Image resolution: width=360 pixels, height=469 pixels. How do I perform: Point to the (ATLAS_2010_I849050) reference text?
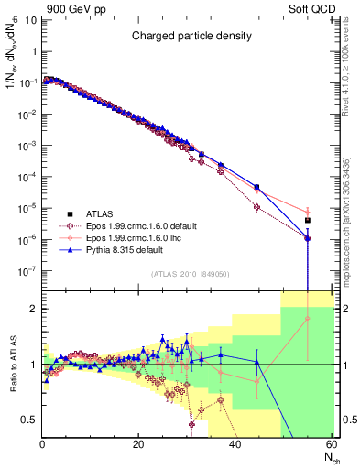(189, 274)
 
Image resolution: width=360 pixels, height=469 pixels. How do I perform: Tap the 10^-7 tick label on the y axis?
(27, 271)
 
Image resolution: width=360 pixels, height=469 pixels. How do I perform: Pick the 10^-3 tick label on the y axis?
(27, 146)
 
